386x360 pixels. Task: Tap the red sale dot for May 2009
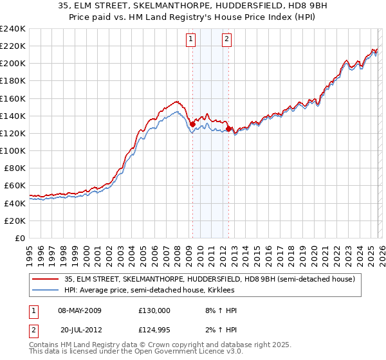tap(192, 125)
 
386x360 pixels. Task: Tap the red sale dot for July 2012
tap(228, 129)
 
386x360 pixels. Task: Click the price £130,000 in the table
tap(154, 310)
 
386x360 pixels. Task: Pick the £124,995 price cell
tap(154, 330)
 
